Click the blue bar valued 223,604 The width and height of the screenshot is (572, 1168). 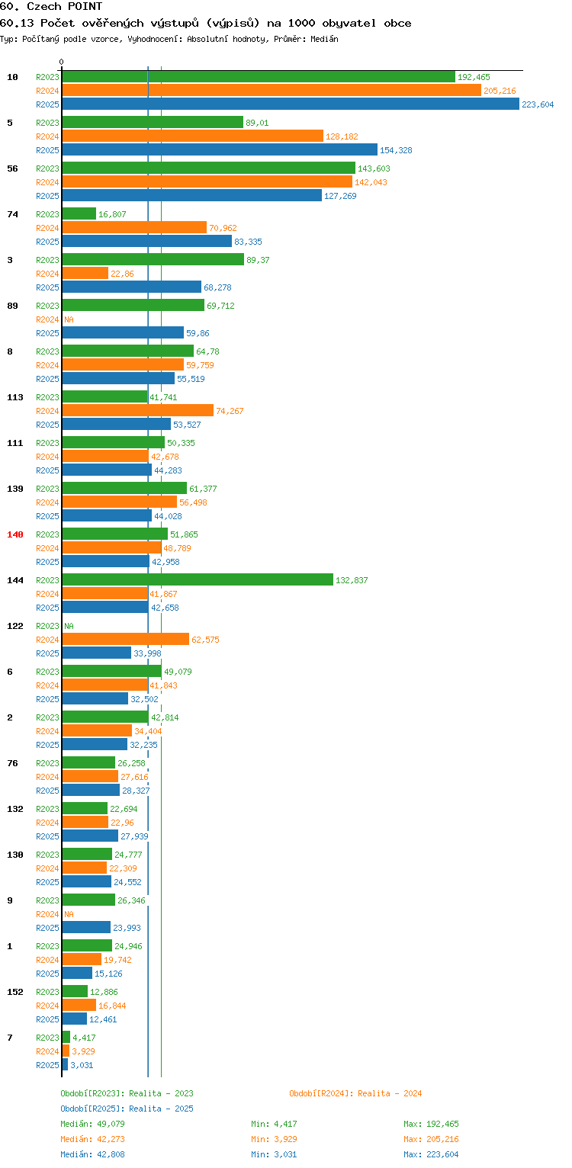291,104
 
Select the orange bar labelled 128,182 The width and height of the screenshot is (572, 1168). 193,136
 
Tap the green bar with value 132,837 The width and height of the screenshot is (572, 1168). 198,580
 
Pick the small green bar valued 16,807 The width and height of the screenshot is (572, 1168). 79,213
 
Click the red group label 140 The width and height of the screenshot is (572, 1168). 15,534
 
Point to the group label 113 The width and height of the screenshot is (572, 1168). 15,397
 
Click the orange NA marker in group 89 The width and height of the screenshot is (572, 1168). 69,319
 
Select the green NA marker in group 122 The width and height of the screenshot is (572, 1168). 69,626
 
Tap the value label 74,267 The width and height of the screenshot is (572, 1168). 230,411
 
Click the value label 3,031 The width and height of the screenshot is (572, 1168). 82,1065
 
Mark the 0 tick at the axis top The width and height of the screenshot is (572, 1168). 62,62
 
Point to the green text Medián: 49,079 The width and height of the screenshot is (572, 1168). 92,1124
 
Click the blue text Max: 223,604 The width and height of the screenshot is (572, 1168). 431,1154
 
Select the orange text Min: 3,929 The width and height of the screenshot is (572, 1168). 274,1139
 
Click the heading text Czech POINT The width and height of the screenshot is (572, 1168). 65,6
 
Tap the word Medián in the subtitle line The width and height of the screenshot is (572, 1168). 324,39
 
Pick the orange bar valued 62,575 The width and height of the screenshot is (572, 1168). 126,639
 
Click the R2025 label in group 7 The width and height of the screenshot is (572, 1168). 47,1065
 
